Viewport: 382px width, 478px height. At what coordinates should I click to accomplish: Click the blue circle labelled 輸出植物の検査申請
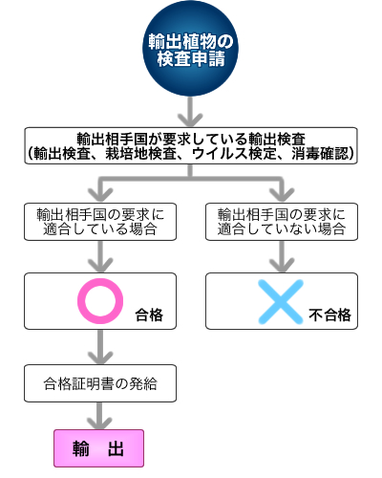tap(191, 51)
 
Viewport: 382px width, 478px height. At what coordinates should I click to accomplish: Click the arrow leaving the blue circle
tap(191, 109)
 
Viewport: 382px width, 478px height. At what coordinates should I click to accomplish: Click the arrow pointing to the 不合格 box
tap(281, 256)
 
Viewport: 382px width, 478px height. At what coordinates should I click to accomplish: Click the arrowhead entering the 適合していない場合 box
tap(281, 191)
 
